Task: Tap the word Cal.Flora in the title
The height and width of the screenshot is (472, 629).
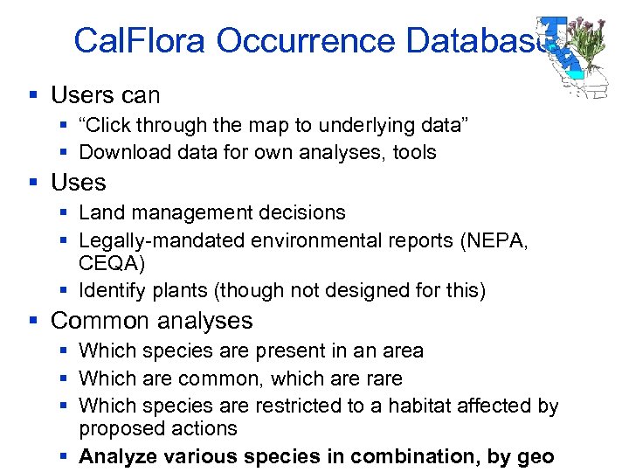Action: (x=141, y=41)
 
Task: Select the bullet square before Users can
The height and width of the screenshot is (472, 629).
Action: (x=33, y=94)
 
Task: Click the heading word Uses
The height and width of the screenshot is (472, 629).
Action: (x=79, y=183)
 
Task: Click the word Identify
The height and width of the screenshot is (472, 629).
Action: (x=110, y=290)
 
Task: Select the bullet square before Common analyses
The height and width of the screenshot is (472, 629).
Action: (x=33, y=321)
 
